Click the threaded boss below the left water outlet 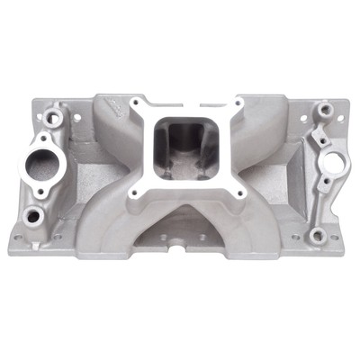(x=35, y=216)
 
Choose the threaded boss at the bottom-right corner (x=316, y=236)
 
